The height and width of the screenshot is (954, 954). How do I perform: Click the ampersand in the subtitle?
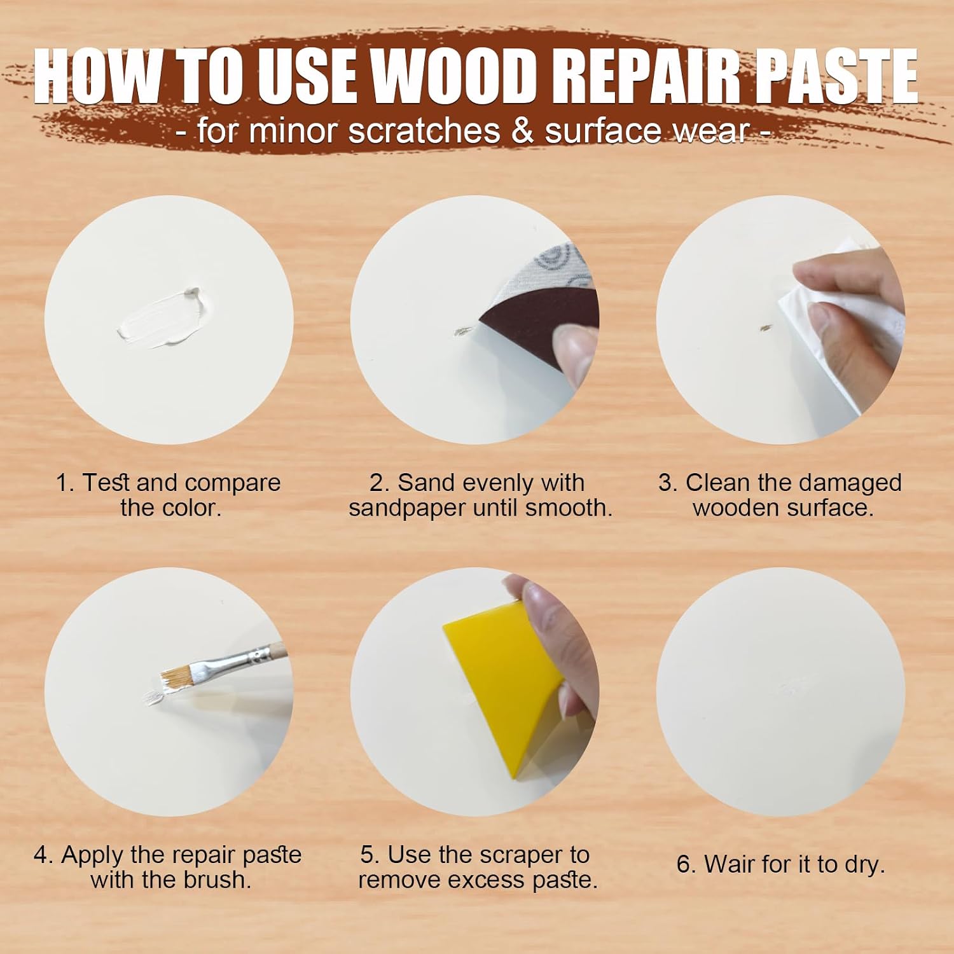pos(522,131)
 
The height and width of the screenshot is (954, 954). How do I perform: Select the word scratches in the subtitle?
pos(424,131)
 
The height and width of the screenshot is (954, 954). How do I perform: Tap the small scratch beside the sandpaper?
pos(463,331)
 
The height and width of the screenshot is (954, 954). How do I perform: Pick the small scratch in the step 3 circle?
pos(766,328)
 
